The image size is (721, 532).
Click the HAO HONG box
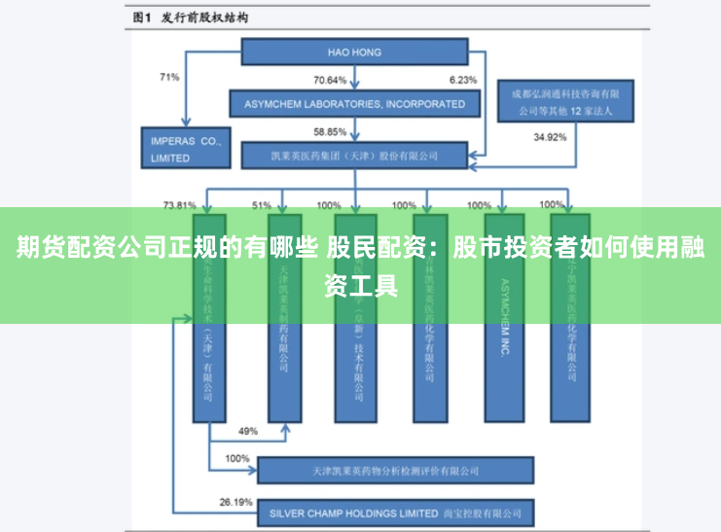353,53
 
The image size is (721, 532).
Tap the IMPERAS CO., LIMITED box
185,148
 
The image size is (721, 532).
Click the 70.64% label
330,79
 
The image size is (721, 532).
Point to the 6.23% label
462,79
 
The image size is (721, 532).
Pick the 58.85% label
330,131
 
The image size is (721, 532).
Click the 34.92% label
550,137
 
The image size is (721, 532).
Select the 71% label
169,77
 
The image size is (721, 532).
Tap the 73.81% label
180,205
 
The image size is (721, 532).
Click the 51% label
262,205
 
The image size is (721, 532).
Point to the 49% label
247,430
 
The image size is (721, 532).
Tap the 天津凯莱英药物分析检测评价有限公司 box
395,470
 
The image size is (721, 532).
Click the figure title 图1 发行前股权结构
190,17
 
